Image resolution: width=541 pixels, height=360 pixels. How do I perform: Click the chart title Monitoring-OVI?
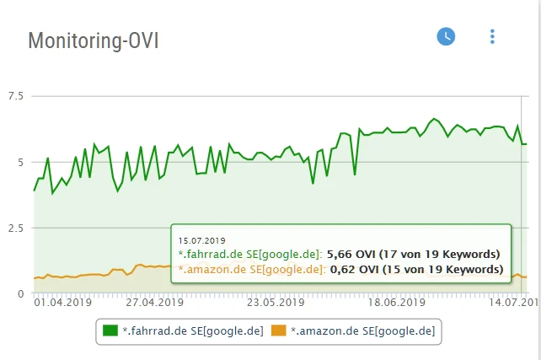click(94, 40)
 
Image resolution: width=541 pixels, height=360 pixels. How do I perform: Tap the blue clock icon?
click(446, 36)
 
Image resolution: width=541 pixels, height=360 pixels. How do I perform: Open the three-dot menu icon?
click(492, 36)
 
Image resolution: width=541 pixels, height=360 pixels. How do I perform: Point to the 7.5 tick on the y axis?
click(15, 95)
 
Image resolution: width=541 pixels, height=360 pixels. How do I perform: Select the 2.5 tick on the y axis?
click(15, 228)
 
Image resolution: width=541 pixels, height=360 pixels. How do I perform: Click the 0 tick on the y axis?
click(19, 293)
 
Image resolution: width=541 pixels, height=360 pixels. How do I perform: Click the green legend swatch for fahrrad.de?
click(110, 331)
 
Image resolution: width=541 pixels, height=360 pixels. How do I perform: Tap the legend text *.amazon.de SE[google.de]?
click(362, 331)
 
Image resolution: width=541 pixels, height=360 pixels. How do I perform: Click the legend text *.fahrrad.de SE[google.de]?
click(193, 331)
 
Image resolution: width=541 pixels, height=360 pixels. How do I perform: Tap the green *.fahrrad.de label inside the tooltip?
click(249, 254)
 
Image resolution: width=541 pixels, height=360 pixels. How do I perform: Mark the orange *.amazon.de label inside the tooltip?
click(250, 270)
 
